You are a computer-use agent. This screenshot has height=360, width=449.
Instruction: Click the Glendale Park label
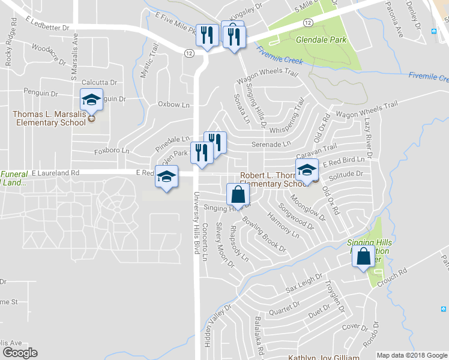tap(322, 40)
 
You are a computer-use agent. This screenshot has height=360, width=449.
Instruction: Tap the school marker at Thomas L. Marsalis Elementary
tap(91, 99)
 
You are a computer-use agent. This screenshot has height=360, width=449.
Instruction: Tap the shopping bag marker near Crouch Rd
tap(364, 257)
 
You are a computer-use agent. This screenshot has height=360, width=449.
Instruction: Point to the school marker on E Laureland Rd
tap(167, 177)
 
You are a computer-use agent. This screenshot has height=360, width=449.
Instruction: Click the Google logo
tap(20, 353)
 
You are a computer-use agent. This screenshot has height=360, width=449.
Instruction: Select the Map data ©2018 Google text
tap(412, 355)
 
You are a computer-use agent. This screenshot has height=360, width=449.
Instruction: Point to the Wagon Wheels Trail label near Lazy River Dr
tap(367, 109)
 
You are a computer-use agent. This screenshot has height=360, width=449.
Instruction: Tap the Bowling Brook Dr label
tap(265, 235)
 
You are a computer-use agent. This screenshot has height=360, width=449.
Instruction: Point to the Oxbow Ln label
tap(173, 104)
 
